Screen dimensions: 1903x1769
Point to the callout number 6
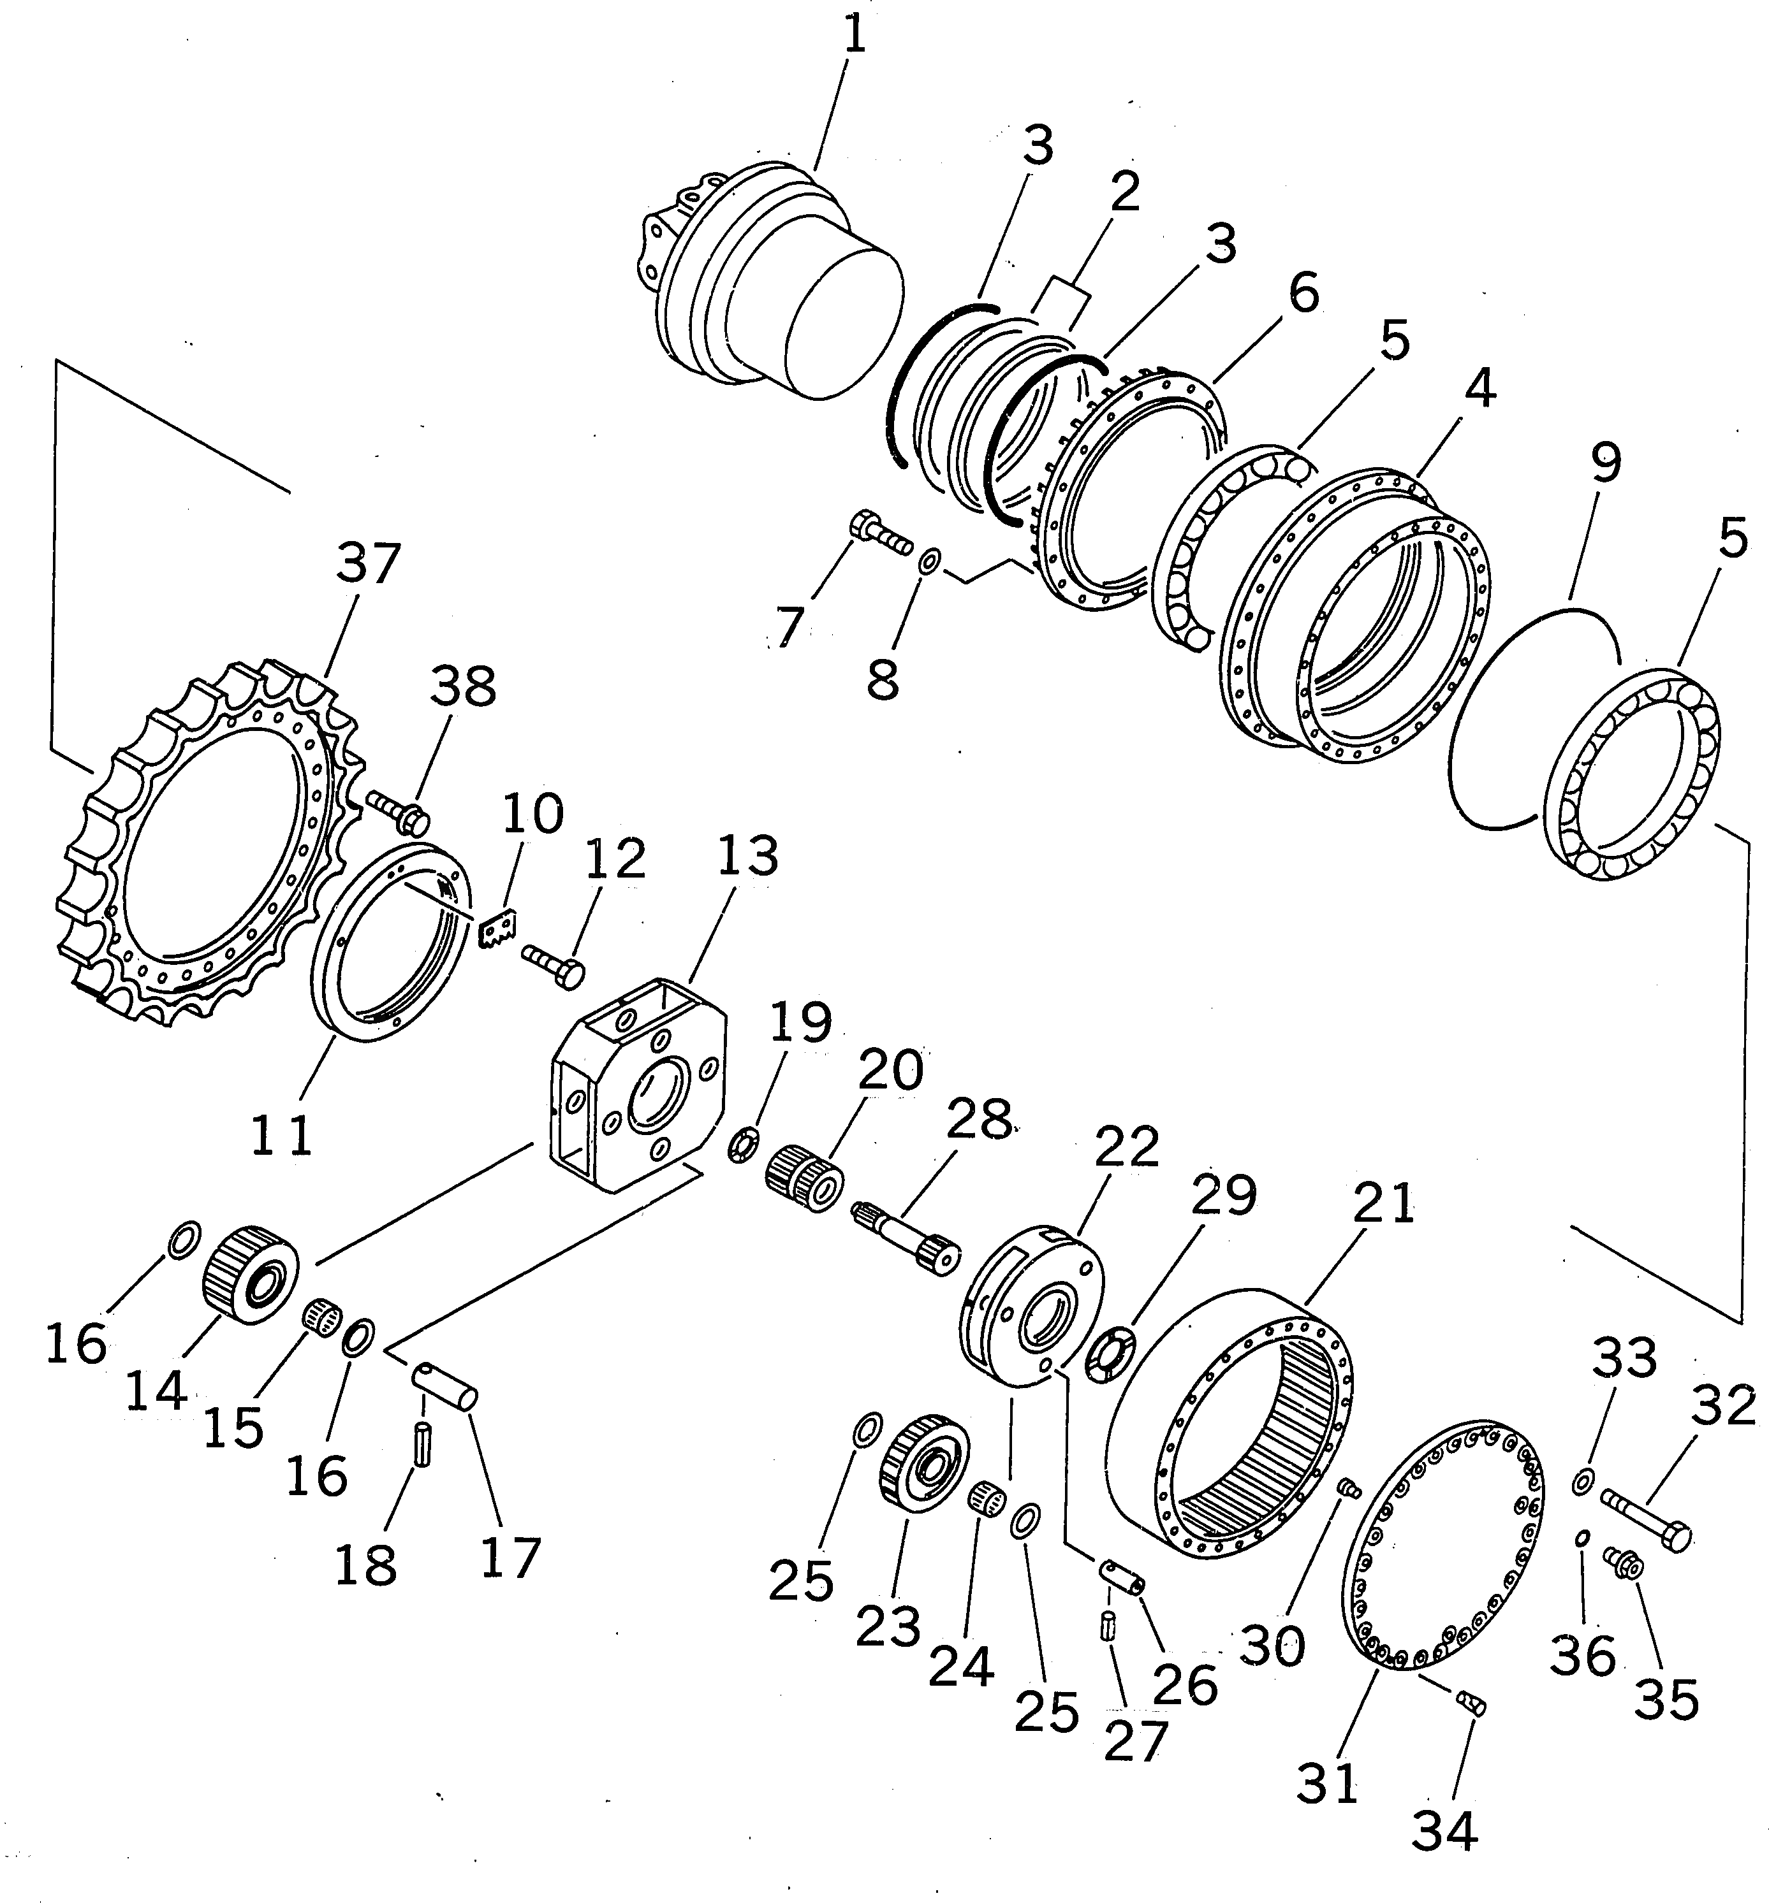point(1303,292)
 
